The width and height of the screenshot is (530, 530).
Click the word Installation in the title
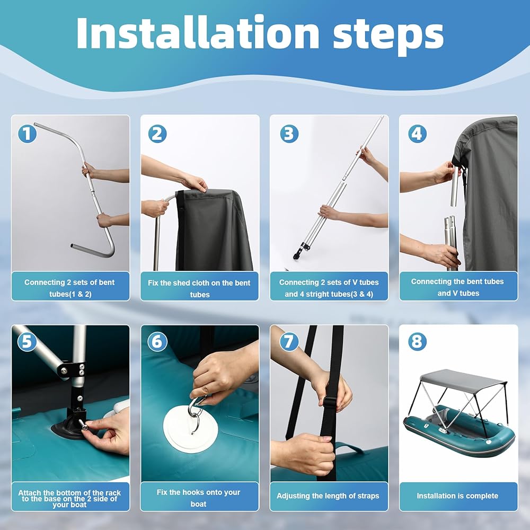tap(198, 32)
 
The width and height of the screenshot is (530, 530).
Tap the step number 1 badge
tap(27, 134)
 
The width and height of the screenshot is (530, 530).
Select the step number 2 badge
tap(157, 134)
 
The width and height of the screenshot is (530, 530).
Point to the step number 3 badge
tap(289, 134)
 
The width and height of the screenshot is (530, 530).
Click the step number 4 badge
tap(417, 134)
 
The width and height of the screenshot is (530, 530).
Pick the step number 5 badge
tap(26, 342)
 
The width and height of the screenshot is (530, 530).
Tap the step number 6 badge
tap(157, 342)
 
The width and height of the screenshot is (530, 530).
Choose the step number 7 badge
tap(289, 342)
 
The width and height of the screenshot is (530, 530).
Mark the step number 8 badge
tap(417, 342)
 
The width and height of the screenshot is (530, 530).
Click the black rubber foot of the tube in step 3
tap(297, 254)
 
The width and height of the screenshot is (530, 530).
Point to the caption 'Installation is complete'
tap(457, 496)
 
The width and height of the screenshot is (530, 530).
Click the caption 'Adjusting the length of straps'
tap(328, 496)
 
